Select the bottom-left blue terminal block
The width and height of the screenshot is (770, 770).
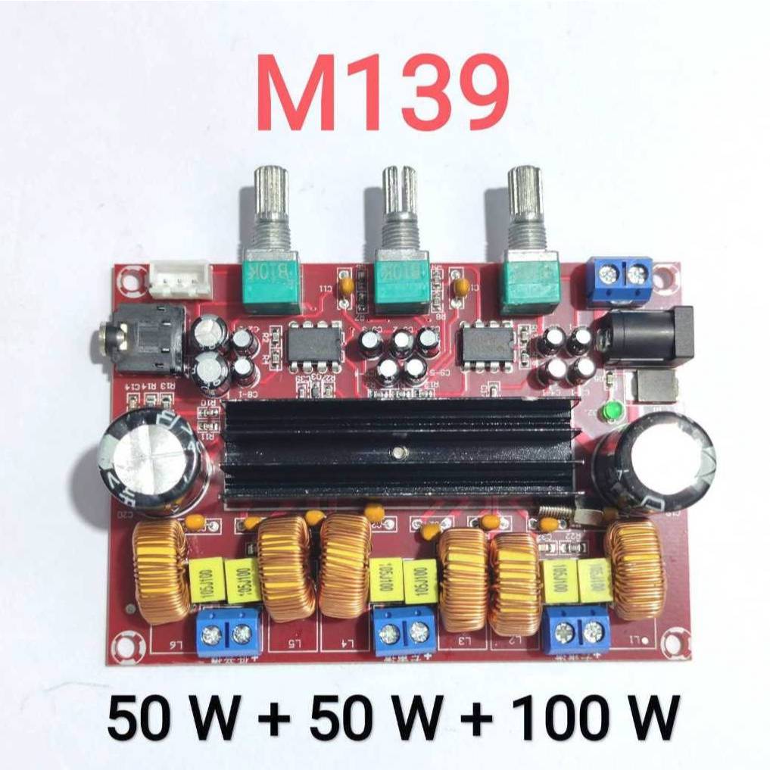pos(227,633)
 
